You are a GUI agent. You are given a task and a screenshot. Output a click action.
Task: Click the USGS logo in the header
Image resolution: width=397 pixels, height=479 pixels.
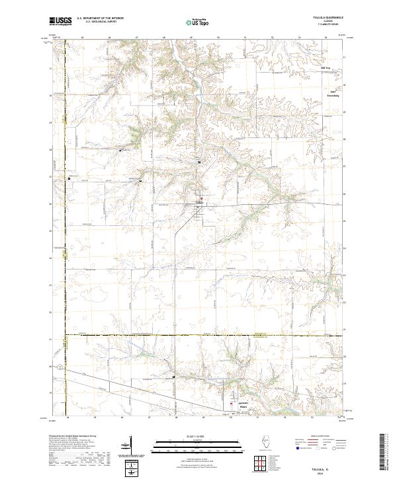click(61, 20)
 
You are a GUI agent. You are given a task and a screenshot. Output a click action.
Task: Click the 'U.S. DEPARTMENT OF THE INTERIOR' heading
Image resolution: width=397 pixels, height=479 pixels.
click(100, 18)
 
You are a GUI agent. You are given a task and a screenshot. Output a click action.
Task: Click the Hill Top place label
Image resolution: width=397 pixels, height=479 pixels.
click(325, 67)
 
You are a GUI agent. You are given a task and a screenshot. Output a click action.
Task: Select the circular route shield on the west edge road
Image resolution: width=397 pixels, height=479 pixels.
click(60, 365)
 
